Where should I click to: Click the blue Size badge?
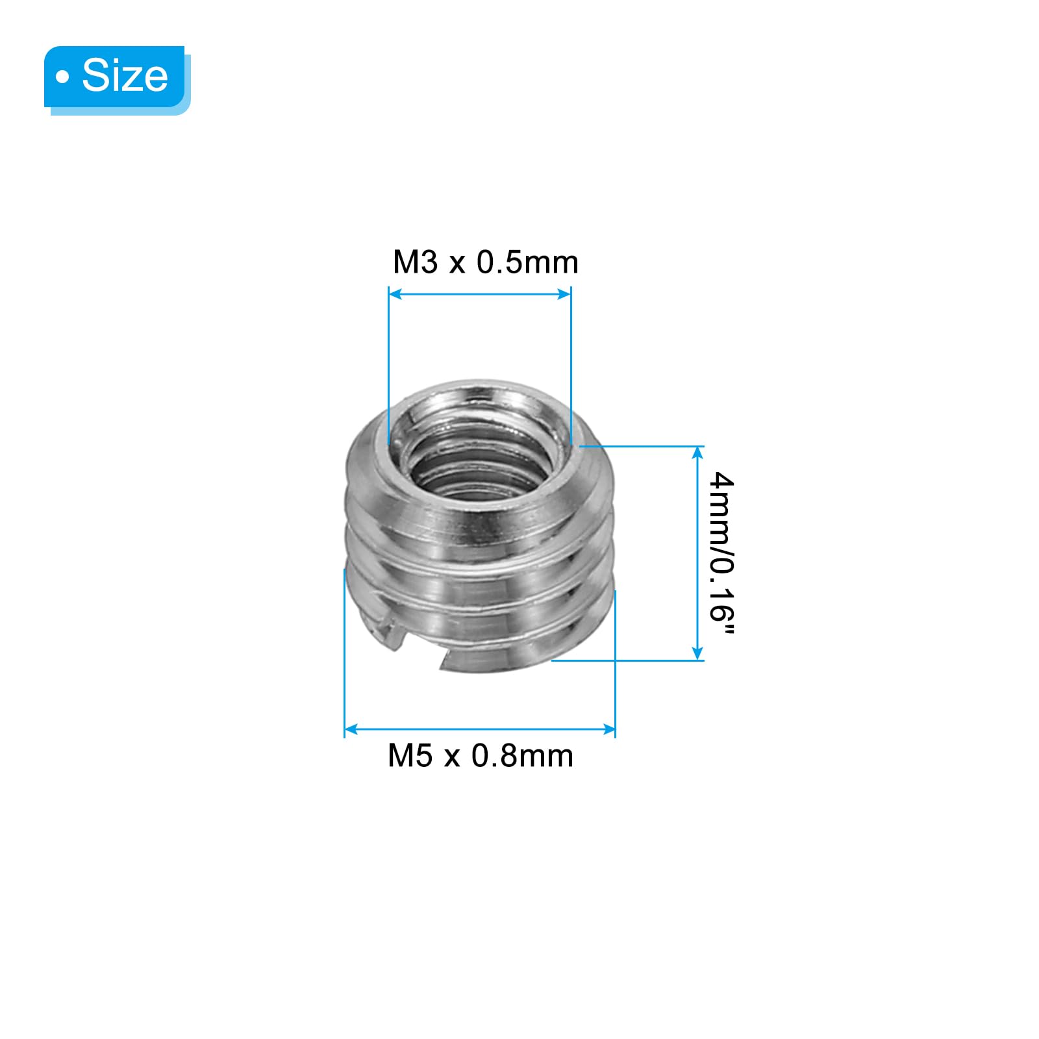(117, 78)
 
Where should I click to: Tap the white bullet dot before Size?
(62, 77)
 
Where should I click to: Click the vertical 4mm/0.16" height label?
(721, 556)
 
